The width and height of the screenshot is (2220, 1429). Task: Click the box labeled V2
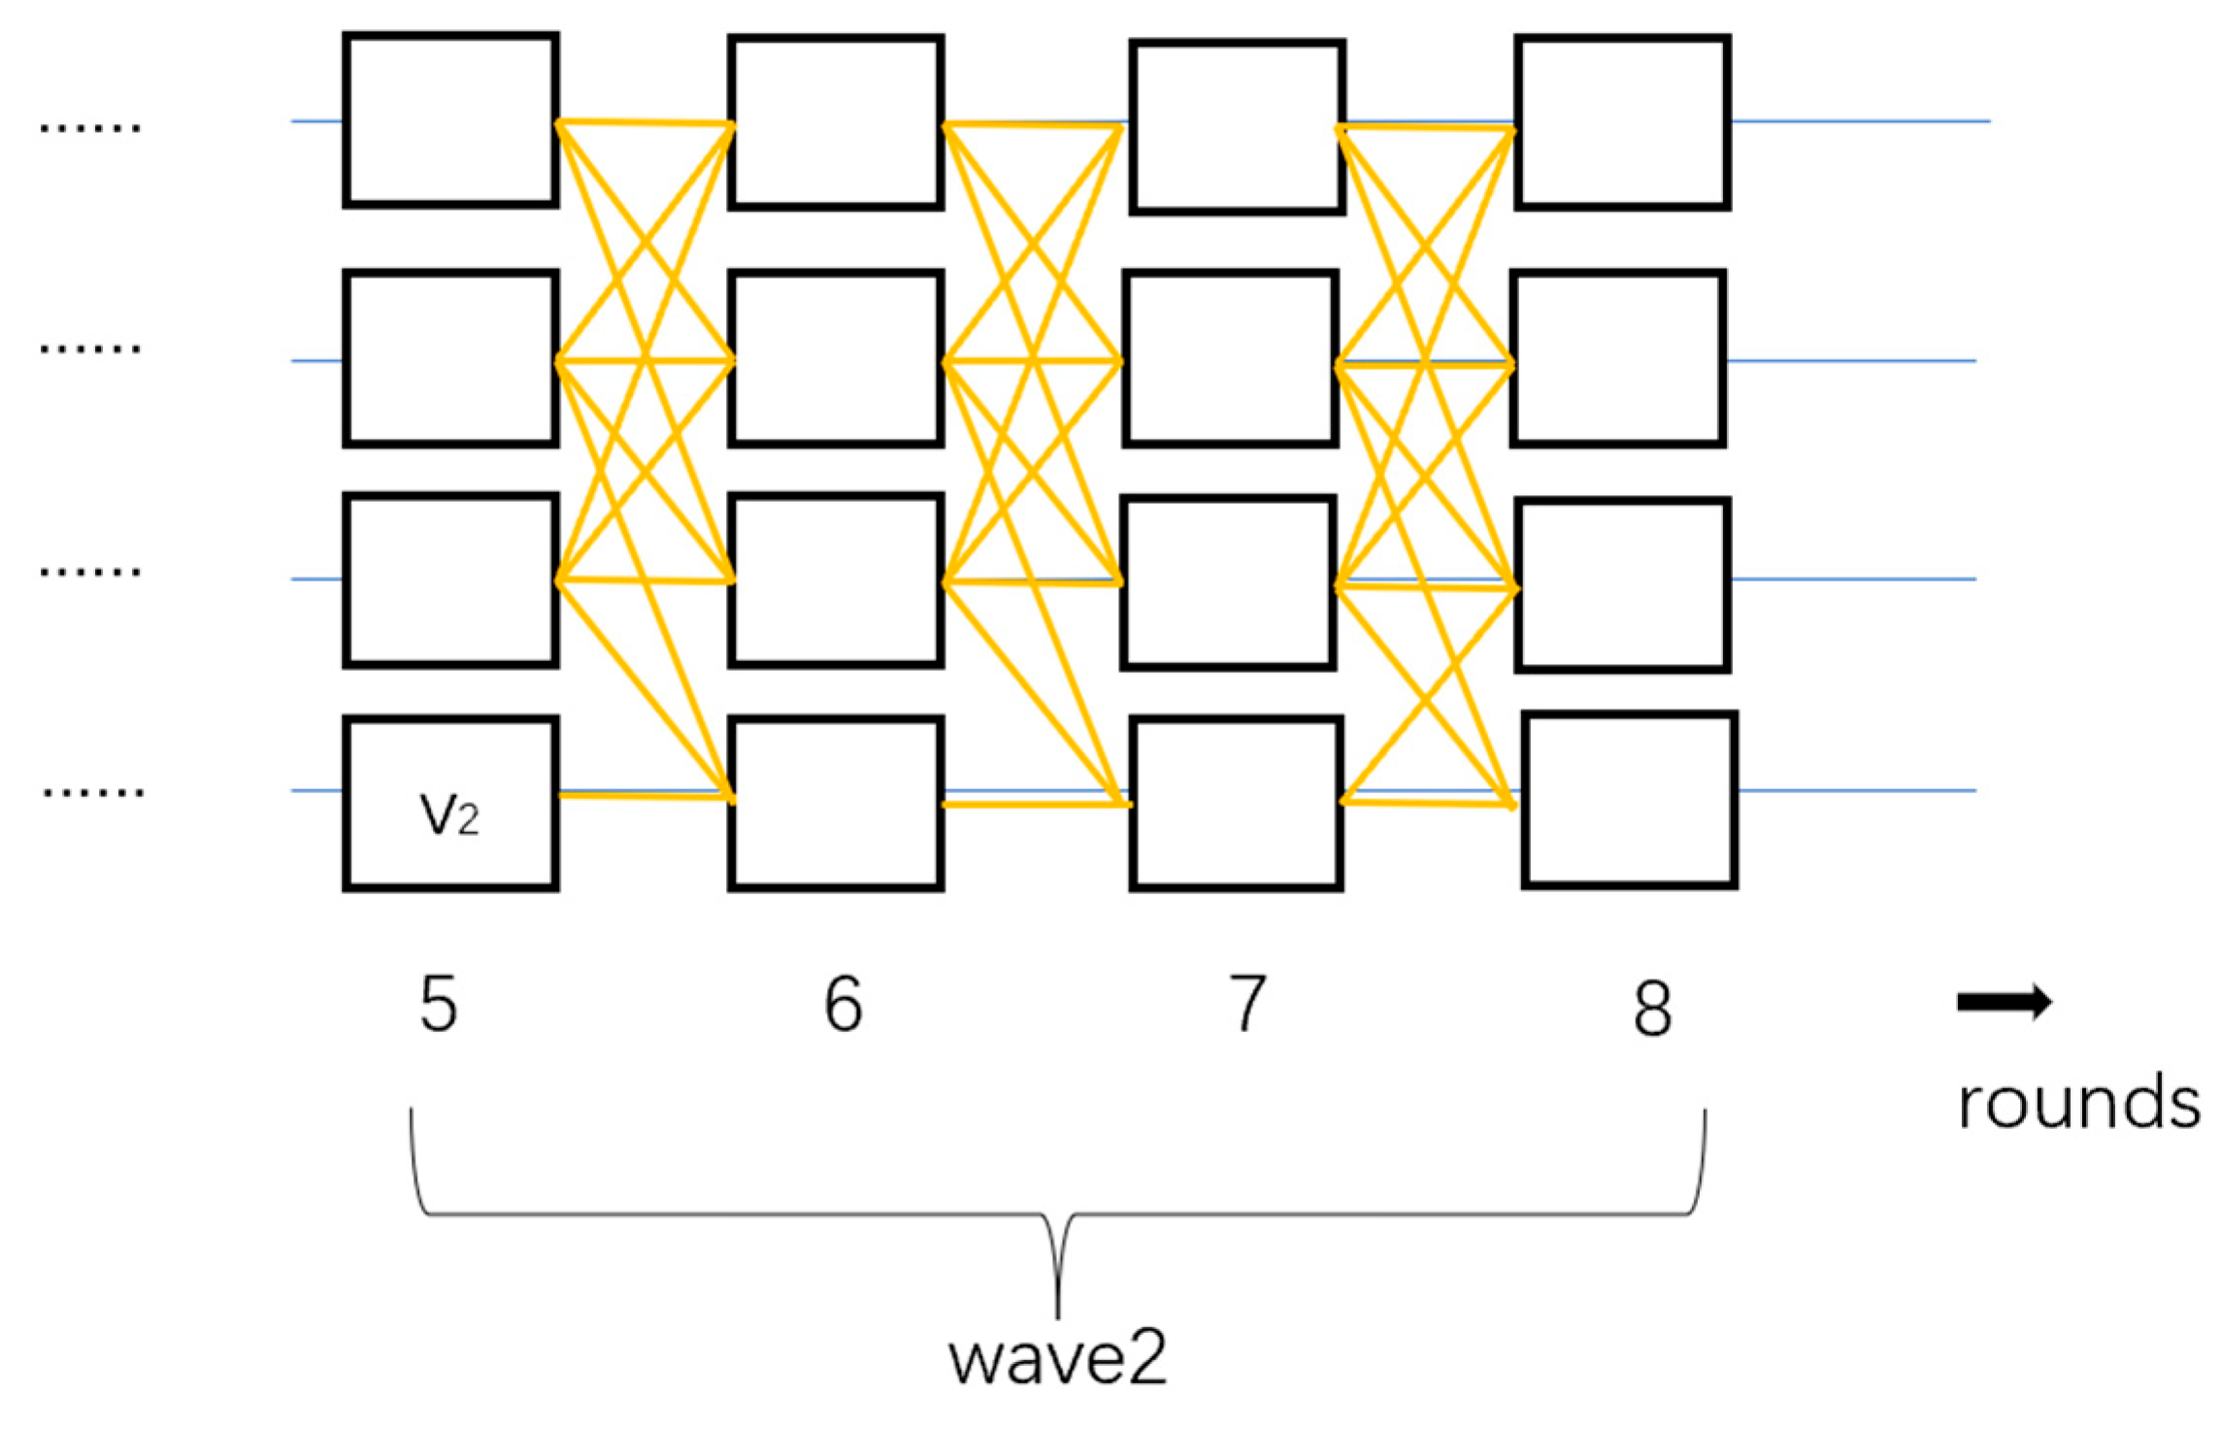tap(450, 804)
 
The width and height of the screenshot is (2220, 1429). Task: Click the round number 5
tap(438, 1004)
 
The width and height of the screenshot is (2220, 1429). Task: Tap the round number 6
tap(843, 1004)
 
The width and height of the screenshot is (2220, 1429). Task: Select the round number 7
tap(1248, 1004)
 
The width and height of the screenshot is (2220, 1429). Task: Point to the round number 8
tap(1652, 1008)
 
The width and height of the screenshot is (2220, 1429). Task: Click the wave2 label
tap(1057, 1359)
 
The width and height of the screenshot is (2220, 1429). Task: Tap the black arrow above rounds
tap(2004, 1002)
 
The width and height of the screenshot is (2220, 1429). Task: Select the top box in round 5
tap(450, 120)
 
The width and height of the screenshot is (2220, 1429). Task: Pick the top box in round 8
tap(1623, 122)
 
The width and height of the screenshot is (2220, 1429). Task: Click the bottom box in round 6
tap(836, 804)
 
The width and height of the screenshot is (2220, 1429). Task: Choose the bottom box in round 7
tap(1237, 804)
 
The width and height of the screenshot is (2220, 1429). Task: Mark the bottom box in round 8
tap(1630, 800)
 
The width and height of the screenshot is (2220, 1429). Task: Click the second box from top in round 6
tap(836, 359)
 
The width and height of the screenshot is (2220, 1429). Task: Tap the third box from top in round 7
tap(1229, 582)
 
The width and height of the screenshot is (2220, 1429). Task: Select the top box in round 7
tap(1238, 126)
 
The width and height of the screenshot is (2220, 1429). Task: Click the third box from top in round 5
tap(450, 581)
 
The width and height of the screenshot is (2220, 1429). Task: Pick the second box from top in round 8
tap(1618, 359)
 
